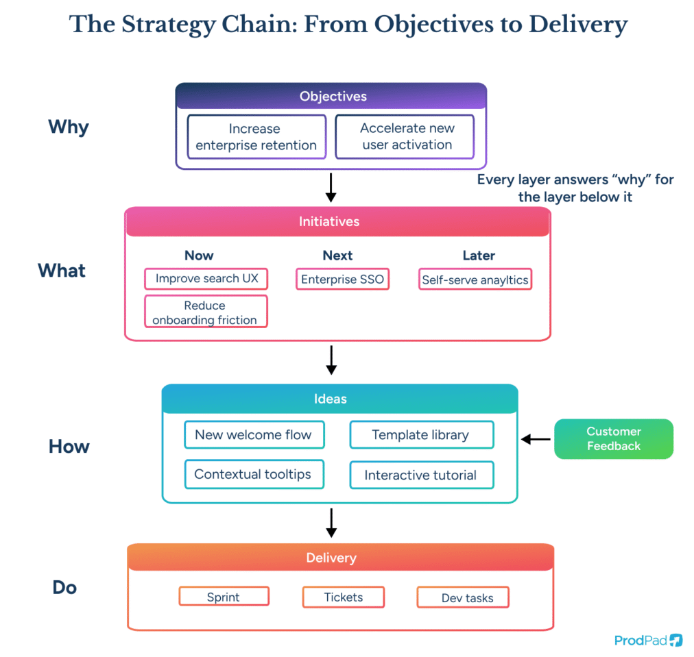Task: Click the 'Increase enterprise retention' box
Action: point(256,137)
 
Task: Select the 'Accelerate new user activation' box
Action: point(405,137)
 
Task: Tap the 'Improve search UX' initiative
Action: point(206,279)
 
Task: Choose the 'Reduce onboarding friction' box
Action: point(205,312)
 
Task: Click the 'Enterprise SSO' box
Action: point(343,279)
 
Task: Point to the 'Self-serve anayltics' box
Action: point(475,280)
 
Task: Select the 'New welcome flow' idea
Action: point(254,434)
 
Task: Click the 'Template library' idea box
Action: point(421,434)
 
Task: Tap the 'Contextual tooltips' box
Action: point(254,474)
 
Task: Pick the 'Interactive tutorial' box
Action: point(421,475)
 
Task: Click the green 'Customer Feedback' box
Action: point(613,438)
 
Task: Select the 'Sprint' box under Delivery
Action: point(224,597)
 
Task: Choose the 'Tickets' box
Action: point(344,597)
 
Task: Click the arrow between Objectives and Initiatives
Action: point(331,187)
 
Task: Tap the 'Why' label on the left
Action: point(69,127)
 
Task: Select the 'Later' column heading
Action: point(479,256)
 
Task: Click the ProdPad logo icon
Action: point(676,640)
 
